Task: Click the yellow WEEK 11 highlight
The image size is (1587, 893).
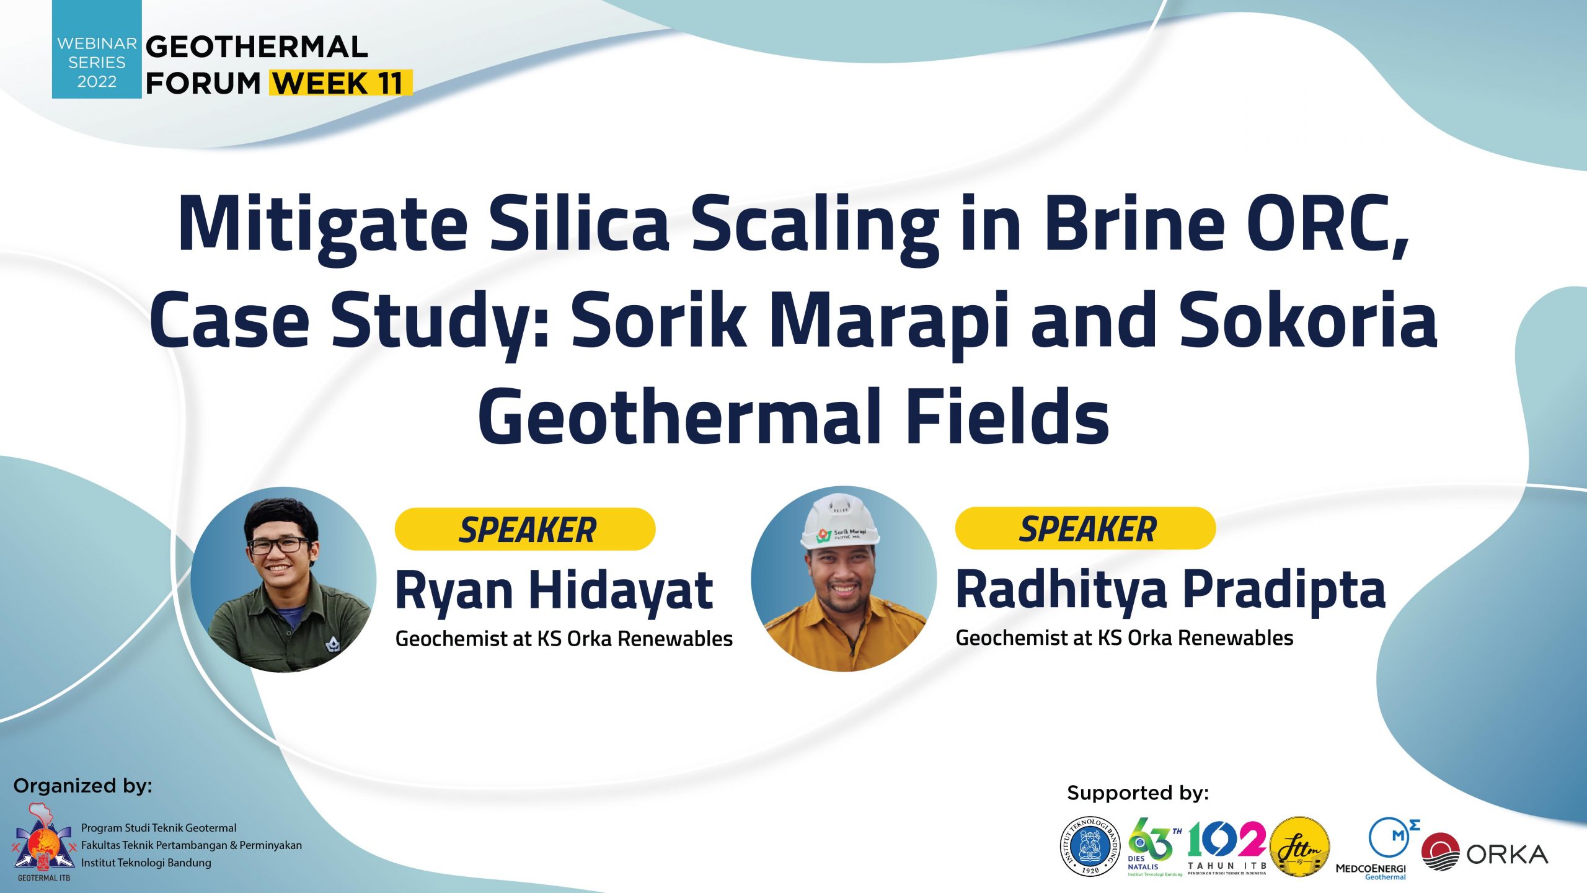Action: [341, 82]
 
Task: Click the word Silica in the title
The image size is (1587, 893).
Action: [580, 224]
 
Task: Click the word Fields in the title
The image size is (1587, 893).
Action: [1007, 416]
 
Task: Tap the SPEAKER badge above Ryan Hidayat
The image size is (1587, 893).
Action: [525, 529]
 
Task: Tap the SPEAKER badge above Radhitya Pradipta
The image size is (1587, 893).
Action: [1085, 528]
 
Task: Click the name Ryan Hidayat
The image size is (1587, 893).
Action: [554, 592]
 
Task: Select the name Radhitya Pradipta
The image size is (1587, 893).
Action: [1170, 590]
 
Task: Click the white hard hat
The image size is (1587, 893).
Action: [840, 521]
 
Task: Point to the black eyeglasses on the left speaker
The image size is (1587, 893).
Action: [279, 545]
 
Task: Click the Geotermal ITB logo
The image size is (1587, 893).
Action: [43, 842]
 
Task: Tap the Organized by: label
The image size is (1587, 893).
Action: [83, 786]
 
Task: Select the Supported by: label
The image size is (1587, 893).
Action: [1138, 793]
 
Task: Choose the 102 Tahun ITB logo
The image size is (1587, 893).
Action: [1227, 846]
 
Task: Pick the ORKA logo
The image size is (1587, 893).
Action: [1484, 852]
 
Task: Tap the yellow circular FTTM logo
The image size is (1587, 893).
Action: [1299, 846]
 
